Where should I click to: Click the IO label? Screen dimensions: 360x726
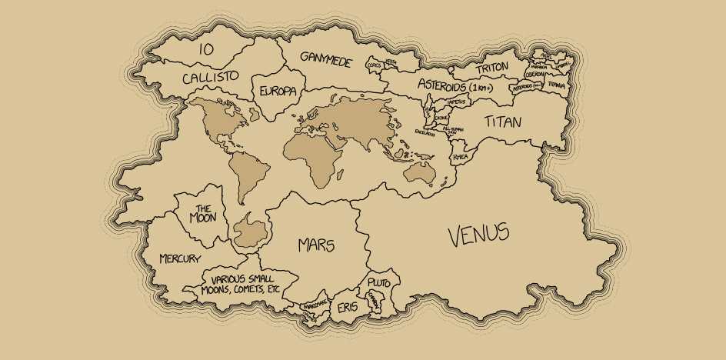[x=205, y=49]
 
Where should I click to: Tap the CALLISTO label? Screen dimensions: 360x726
[x=210, y=77]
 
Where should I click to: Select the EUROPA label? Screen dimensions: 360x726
[x=278, y=91]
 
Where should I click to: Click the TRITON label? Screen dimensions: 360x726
[x=491, y=68]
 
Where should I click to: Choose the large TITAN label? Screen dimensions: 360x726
[x=503, y=122]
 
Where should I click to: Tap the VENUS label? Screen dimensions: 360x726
[x=478, y=234]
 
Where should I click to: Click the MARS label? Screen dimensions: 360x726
[x=316, y=245]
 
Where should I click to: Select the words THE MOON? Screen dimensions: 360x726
[x=203, y=213]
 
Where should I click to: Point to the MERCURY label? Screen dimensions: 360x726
[x=180, y=258]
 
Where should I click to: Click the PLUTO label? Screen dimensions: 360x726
[x=379, y=283]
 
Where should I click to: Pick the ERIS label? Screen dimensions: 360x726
[x=348, y=308]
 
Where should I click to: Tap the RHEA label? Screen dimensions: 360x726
[x=461, y=157]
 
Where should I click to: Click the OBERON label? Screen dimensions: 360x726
[x=535, y=75]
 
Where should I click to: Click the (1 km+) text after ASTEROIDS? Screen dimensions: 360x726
[x=483, y=87]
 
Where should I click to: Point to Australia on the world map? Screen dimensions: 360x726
[x=420, y=172]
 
